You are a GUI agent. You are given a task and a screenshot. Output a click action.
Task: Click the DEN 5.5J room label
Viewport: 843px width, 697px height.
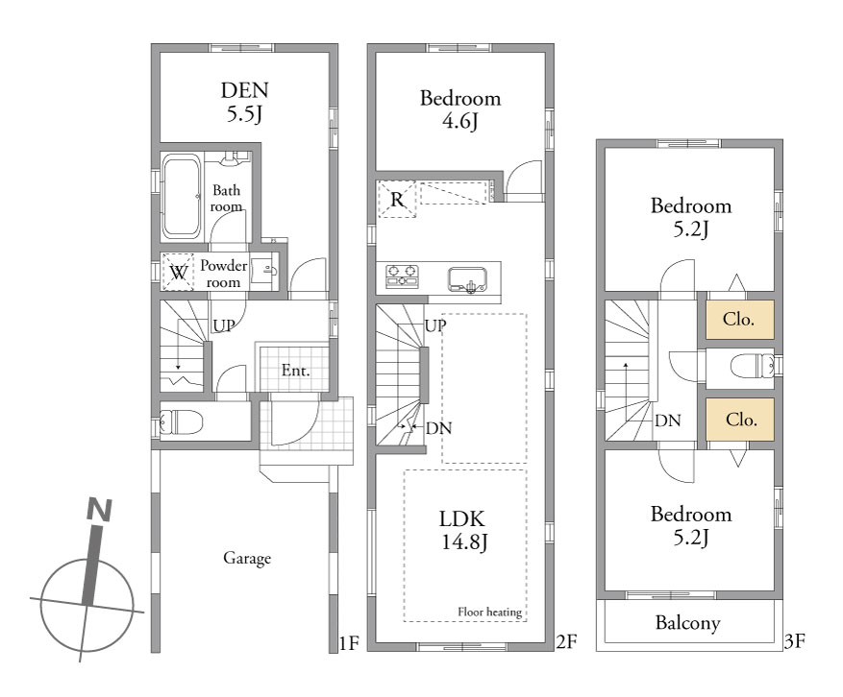[244, 102]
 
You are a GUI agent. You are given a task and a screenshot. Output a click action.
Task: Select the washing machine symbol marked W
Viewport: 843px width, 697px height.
[178, 272]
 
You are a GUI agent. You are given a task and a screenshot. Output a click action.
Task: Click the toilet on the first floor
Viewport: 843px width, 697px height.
[181, 421]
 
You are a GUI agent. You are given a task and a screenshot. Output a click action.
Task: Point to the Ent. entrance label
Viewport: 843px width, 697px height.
[295, 370]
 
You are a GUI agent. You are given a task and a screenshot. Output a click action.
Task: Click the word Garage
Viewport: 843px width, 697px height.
[247, 559]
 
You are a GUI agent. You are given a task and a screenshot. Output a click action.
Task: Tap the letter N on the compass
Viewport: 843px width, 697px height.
[99, 510]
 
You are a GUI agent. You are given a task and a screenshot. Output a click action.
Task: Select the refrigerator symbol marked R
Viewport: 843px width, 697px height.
[397, 200]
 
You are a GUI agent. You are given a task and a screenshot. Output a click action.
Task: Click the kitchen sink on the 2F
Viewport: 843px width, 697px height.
[467, 279]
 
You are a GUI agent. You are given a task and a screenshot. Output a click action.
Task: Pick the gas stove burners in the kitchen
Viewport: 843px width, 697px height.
[402, 276]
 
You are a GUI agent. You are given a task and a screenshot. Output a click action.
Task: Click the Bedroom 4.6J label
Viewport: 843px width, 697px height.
[460, 109]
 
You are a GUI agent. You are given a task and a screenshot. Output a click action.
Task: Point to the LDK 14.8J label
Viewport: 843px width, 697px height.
[463, 530]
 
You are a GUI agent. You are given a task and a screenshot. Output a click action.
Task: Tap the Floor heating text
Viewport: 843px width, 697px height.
[490, 612]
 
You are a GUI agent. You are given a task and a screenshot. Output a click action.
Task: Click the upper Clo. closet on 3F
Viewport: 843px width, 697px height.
[739, 320]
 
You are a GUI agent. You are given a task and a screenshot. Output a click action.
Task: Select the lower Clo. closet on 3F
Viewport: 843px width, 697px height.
[740, 420]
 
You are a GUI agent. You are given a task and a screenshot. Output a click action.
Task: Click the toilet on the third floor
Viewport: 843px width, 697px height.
[752, 367]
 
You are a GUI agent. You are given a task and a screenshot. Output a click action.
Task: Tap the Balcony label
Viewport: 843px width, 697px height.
[687, 623]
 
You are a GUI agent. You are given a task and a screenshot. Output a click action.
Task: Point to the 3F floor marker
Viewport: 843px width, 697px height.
[794, 640]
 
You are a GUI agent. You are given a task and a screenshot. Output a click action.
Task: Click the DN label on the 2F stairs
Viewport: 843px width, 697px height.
[438, 428]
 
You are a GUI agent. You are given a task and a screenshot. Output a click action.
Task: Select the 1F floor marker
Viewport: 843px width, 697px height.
[349, 643]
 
